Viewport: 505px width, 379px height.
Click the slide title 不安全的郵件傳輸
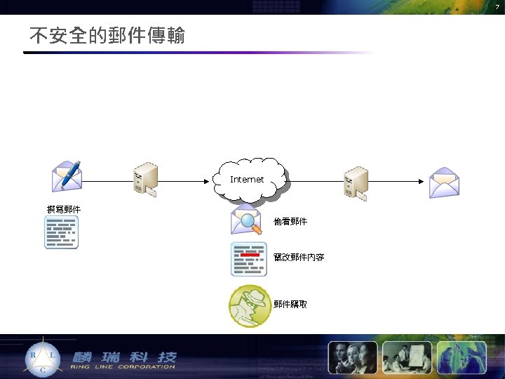[107, 35]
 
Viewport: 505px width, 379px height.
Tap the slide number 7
[497, 6]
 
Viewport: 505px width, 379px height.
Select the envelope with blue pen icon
[67, 176]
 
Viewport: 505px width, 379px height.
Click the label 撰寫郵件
[64, 209]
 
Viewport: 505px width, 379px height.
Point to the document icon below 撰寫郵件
[62, 232]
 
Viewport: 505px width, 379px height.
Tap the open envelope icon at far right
[444, 182]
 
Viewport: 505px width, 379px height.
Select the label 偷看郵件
[290, 222]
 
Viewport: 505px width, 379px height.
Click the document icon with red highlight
[248, 259]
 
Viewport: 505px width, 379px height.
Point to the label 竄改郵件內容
[299, 258]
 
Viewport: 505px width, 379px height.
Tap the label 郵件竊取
[290, 305]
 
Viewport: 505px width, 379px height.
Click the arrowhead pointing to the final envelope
[422, 181]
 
